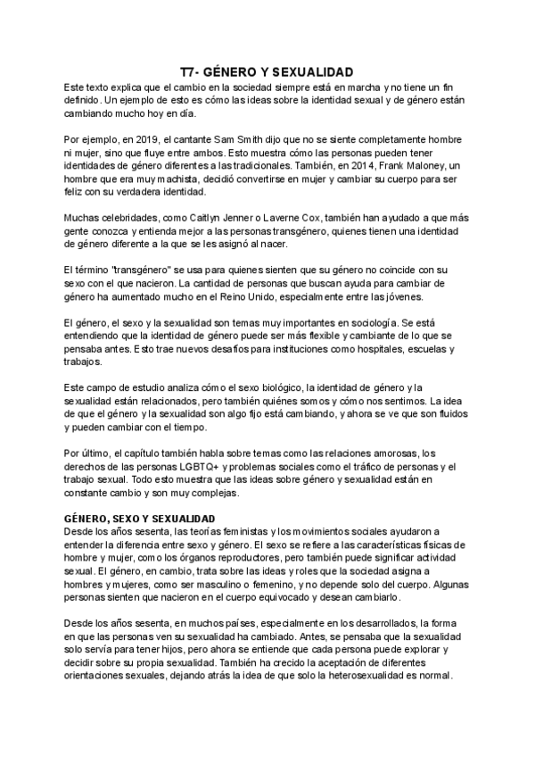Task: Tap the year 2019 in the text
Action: pos(146,140)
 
